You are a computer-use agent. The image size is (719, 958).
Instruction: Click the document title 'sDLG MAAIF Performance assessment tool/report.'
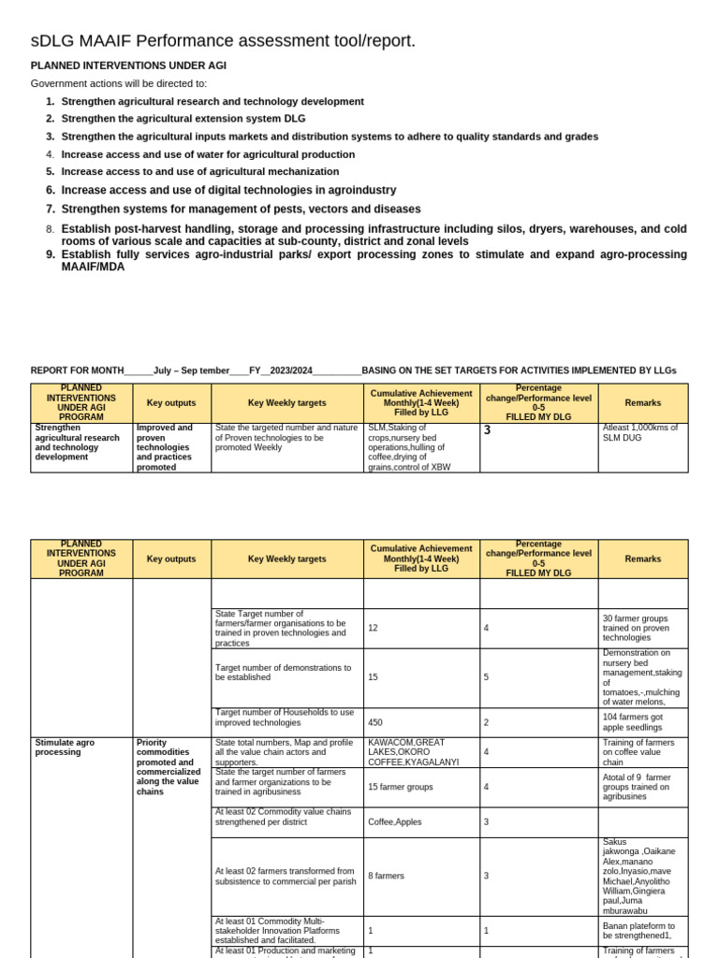point(223,40)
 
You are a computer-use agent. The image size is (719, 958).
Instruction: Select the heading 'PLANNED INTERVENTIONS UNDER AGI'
point(128,65)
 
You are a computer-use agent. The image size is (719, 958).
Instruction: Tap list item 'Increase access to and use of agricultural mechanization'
point(200,171)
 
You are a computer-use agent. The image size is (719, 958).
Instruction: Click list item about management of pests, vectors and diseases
point(241,209)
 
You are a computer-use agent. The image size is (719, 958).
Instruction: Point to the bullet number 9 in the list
point(51,254)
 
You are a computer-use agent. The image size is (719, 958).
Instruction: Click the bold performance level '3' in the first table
point(487,430)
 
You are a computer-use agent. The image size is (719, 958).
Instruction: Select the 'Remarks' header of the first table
point(642,402)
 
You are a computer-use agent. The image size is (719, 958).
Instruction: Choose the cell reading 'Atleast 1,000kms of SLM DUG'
point(642,432)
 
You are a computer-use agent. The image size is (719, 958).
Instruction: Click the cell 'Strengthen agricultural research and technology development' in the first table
point(78,443)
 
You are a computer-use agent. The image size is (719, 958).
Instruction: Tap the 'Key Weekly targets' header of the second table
point(286,559)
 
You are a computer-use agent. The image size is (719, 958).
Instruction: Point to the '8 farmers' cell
point(387,876)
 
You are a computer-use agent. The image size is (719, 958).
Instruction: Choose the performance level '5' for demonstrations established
point(487,676)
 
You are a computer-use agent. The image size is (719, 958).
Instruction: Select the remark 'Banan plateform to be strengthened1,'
point(638,930)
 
